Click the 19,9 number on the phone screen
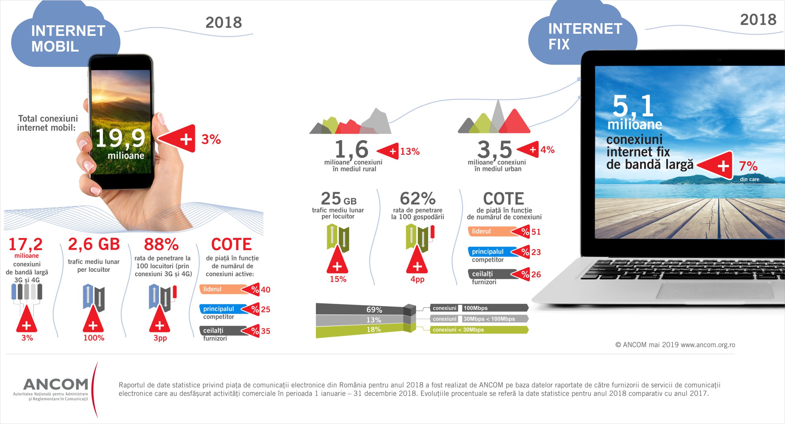(x=120, y=138)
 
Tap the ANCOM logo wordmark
(x=56, y=384)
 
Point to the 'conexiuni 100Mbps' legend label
(x=478, y=308)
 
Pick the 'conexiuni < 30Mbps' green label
(x=478, y=330)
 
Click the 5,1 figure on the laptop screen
(x=633, y=106)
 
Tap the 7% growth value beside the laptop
(x=748, y=166)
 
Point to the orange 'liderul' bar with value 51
(x=491, y=231)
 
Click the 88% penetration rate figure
(x=161, y=245)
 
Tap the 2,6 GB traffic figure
(x=94, y=244)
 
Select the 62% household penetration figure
(x=418, y=199)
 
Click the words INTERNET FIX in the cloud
(x=585, y=37)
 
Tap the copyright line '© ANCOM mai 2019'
(x=675, y=345)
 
